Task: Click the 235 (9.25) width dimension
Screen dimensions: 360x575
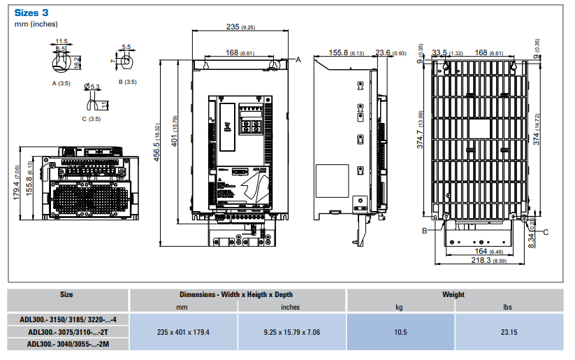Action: point(240,27)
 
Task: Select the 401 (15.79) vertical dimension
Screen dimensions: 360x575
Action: point(175,129)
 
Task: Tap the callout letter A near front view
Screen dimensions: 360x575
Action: point(298,60)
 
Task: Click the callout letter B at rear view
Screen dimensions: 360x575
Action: point(423,229)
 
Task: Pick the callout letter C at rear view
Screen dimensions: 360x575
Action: point(546,231)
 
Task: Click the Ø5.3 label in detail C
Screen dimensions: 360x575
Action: point(92,87)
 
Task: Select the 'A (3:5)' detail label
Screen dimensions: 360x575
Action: point(61,82)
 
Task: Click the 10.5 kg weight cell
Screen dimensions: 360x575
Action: point(400,333)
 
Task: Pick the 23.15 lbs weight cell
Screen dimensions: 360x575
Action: point(508,333)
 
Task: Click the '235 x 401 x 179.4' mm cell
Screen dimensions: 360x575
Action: point(184,333)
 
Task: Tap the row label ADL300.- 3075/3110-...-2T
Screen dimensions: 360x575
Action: point(66,333)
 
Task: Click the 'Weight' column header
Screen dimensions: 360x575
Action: point(453,295)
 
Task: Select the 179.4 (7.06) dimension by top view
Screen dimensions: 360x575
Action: point(17,181)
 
